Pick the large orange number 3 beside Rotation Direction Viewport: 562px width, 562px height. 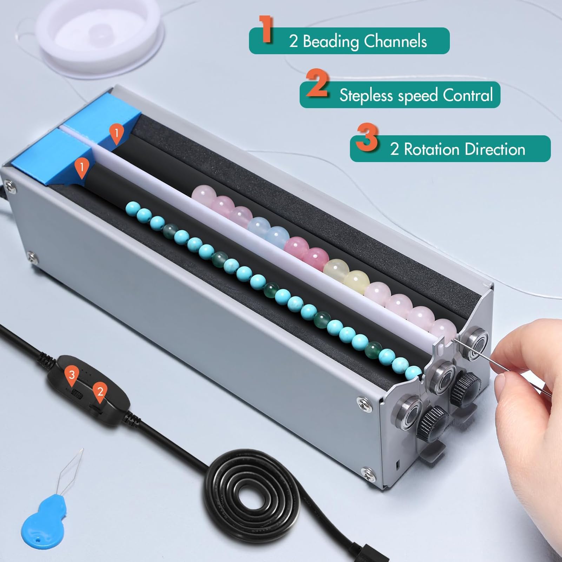367,138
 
